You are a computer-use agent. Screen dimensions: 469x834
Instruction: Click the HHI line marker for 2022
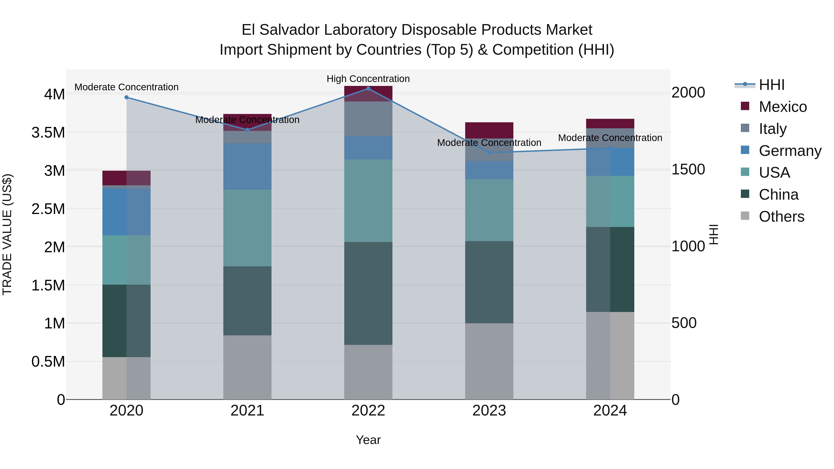(368, 89)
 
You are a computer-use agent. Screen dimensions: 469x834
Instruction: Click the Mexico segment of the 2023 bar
(489, 130)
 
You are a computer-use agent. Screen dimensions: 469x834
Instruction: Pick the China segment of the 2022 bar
(368, 293)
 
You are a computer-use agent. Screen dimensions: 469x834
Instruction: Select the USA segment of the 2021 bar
(247, 228)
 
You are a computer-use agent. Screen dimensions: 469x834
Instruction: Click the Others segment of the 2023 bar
(489, 361)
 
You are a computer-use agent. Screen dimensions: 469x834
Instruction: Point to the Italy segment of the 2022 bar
(368, 119)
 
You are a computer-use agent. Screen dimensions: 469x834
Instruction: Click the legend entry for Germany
(790, 151)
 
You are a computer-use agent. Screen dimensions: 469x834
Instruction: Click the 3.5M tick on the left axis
(48, 133)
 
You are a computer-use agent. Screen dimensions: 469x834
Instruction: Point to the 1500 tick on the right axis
(688, 169)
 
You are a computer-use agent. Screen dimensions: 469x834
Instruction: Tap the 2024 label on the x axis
(610, 411)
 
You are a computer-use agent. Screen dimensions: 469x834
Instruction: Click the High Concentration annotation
(368, 79)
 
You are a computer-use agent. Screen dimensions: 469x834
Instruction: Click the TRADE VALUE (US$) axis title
(7, 234)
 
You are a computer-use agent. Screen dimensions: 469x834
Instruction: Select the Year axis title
(368, 440)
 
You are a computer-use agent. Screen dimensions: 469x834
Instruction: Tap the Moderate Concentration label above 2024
(610, 138)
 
